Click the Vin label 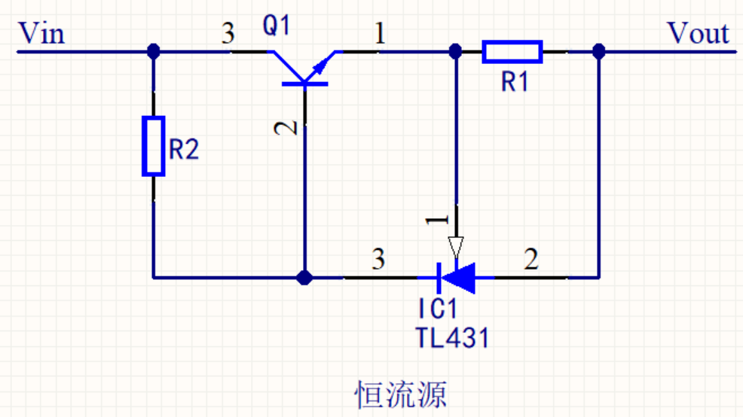[41, 34]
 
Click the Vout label [698, 34]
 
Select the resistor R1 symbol [512, 51]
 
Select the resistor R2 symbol [154, 146]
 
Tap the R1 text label [515, 82]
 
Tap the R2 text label [184, 150]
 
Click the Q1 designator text [276, 26]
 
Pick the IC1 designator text [438, 309]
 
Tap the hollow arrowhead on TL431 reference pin [455, 247]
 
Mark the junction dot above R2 [154, 51]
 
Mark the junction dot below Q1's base [304, 278]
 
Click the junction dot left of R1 [455, 51]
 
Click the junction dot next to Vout [599, 51]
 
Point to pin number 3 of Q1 [228, 34]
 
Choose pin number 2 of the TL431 [531, 260]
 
